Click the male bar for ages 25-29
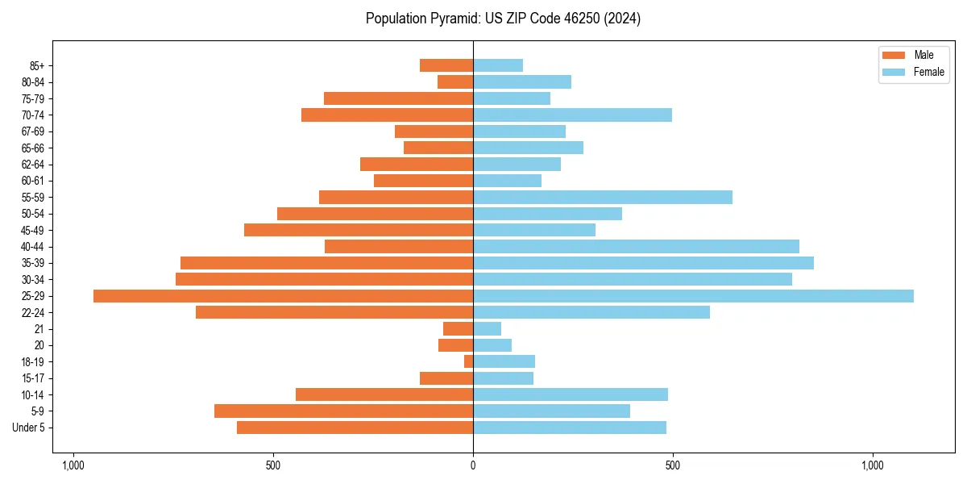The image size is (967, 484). tap(283, 296)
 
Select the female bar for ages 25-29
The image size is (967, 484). tap(693, 296)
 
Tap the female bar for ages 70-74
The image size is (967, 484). tap(572, 115)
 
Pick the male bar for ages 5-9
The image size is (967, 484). tap(343, 411)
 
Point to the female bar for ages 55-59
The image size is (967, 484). tap(603, 198)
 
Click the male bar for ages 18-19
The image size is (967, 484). tap(469, 361)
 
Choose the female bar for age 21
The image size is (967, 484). tap(487, 329)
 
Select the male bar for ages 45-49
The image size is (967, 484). tap(359, 230)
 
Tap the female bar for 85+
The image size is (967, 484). tap(498, 65)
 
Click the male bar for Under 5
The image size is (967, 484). tap(355, 428)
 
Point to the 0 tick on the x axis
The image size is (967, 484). tap(473, 466)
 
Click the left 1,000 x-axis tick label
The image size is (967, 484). tap(73, 466)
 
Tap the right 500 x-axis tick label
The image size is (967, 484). tap(673, 466)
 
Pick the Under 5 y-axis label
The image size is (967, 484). tap(29, 428)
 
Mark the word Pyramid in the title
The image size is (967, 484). tap(449, 19)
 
